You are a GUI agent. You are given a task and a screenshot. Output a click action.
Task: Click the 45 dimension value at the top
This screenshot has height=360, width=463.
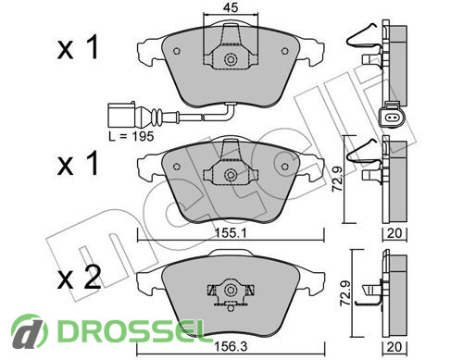231,7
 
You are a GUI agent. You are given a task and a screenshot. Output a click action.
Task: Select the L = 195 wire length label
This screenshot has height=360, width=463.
131,136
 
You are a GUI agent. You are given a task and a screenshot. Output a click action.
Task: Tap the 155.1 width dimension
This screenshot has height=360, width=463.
231,233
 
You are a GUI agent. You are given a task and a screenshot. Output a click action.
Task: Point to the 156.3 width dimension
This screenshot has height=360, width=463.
231,347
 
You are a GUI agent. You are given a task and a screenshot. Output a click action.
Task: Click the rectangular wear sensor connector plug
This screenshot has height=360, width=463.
121,116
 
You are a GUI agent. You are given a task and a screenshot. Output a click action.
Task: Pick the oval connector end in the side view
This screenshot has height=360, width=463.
391,117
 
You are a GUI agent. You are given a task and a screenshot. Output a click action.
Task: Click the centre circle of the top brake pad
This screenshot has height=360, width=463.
230,59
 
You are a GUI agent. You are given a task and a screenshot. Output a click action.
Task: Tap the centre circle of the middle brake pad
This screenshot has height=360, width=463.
230,175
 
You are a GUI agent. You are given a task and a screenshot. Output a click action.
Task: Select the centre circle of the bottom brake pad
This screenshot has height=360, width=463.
230,291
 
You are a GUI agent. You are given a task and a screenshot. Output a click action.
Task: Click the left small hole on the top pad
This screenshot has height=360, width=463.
177,51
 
